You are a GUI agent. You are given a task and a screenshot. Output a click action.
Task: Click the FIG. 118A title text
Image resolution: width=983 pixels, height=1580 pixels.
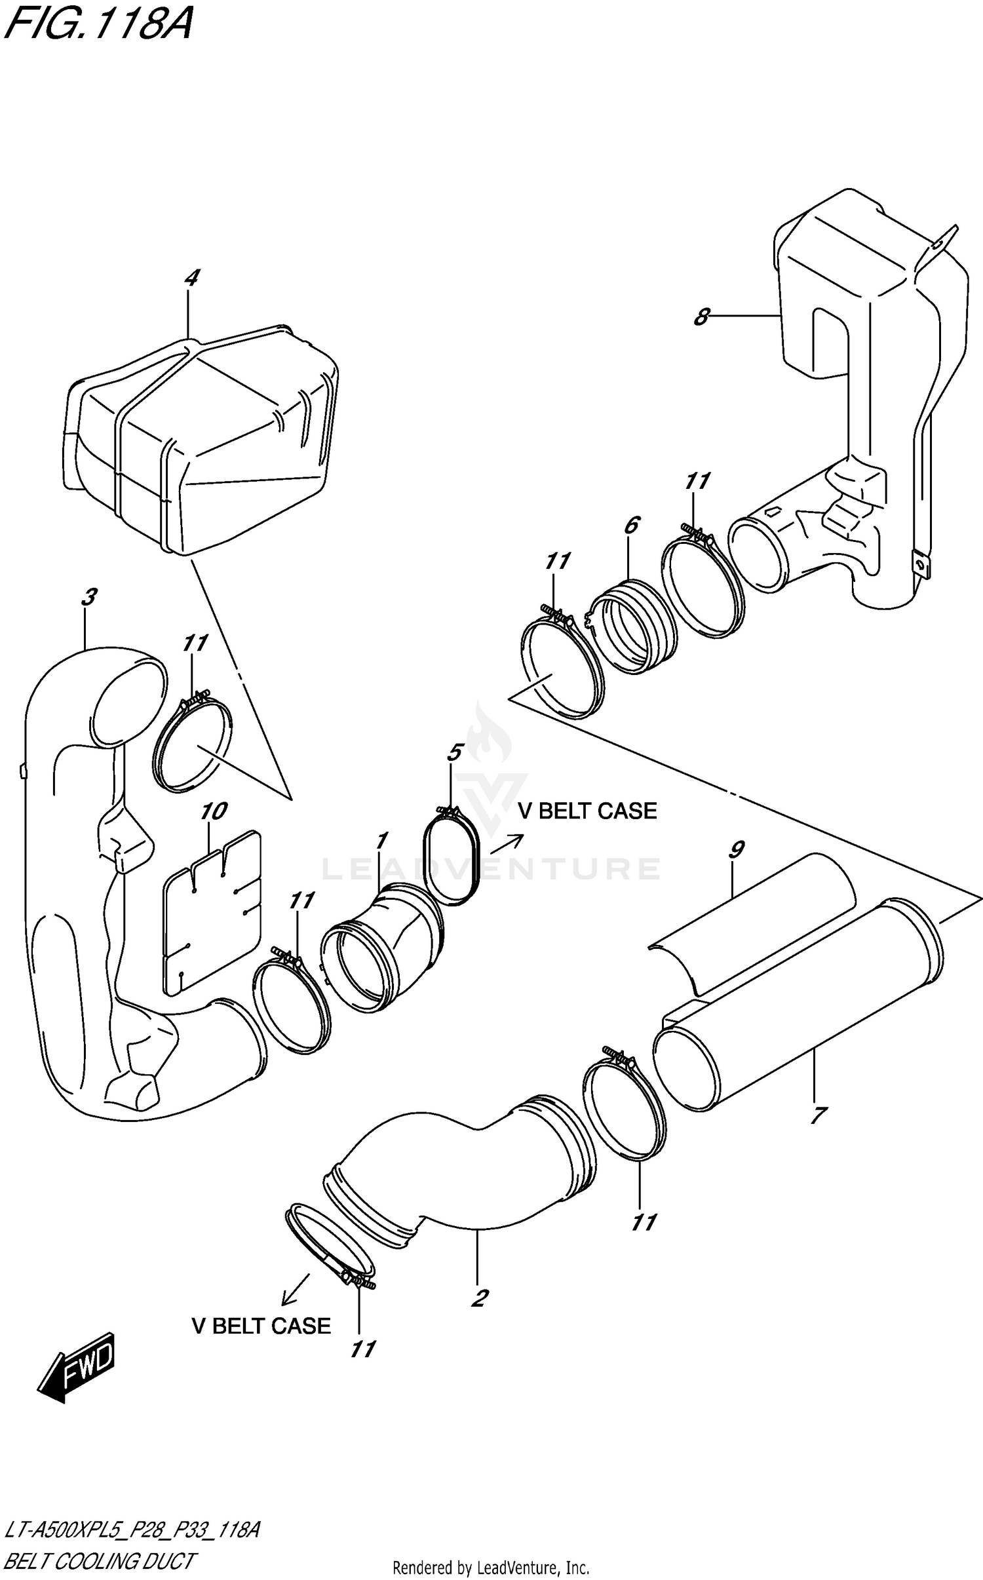click(98, 26)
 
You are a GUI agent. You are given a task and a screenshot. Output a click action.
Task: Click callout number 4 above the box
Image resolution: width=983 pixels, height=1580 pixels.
click(191, 279)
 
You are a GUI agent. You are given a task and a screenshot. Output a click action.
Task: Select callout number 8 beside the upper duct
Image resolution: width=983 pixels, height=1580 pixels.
click(702, 317)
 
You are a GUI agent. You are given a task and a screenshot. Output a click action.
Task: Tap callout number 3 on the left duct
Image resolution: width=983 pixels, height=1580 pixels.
click(88, 597)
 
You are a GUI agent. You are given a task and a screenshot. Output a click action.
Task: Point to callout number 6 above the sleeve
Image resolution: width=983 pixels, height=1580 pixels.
click(631, 525)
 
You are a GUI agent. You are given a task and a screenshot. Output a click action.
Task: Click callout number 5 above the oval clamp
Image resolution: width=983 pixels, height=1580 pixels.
click(454, 752)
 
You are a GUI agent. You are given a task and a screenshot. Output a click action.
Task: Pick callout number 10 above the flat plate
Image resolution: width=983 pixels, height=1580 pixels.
click(213, 811)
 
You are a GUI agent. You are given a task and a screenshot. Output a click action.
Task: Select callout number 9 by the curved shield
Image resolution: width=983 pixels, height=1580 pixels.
click(735, 850)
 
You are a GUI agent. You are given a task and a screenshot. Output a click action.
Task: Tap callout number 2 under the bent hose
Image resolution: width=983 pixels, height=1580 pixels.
click(480, 1298)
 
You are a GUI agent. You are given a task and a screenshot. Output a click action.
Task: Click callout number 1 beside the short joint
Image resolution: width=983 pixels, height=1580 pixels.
click(382, 841)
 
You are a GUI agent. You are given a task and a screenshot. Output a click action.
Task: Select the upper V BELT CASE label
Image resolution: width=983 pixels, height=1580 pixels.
click(587, 811)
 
